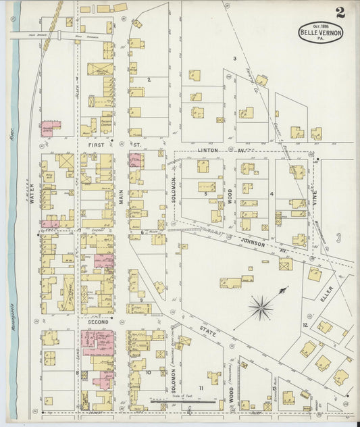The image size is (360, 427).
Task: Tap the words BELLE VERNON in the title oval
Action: [x=321, y=32]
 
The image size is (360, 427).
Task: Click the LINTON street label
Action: [x=208, y=150]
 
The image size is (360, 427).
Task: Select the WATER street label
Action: [x=32, y=195]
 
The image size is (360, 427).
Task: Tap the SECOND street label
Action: [x=98, y=322]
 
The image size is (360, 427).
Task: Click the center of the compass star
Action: [x=260, y=308]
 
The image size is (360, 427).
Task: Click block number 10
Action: [x=148, y=372]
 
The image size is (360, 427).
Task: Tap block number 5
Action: [x=205, y=193]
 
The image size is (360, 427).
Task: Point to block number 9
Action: [x=140, y=299]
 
